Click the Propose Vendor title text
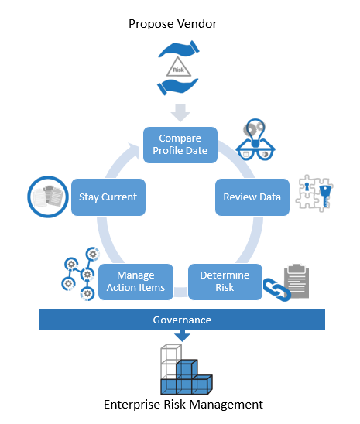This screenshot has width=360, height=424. (173, 24)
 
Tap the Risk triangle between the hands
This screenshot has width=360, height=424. (179, 67)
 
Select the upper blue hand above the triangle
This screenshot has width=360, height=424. (179, 49)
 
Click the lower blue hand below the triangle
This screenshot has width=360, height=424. (178, 86)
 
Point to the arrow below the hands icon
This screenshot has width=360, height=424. (180, 113)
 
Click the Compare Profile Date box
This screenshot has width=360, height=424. (180, 145)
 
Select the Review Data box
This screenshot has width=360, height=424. (252, 197)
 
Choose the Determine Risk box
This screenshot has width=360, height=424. (225, 282)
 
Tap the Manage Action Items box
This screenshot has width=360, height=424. (135, 282)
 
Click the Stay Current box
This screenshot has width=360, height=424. (108, 197)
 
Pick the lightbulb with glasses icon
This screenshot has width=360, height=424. (255, 139)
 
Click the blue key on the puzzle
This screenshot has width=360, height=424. (325, 195)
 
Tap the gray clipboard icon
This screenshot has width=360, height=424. (297, 281)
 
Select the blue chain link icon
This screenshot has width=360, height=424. (276, 289)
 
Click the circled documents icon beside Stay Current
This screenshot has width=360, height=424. (48, 197)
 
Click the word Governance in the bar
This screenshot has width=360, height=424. (182, 320)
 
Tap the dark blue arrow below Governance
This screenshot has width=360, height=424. (182, 336)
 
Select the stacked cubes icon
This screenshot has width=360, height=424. (187, 369)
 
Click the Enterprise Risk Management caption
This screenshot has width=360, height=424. (183, 405)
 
